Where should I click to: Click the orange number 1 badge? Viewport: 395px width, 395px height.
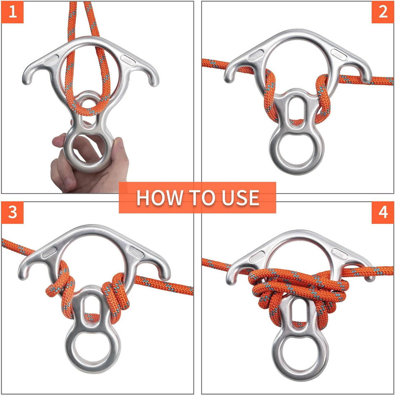tap(12, 12)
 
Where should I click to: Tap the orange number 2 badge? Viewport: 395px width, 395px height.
tap(383, 12)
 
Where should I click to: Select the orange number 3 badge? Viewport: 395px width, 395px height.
tap(12, 213)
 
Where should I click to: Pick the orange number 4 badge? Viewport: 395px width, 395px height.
tap(383, 213)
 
